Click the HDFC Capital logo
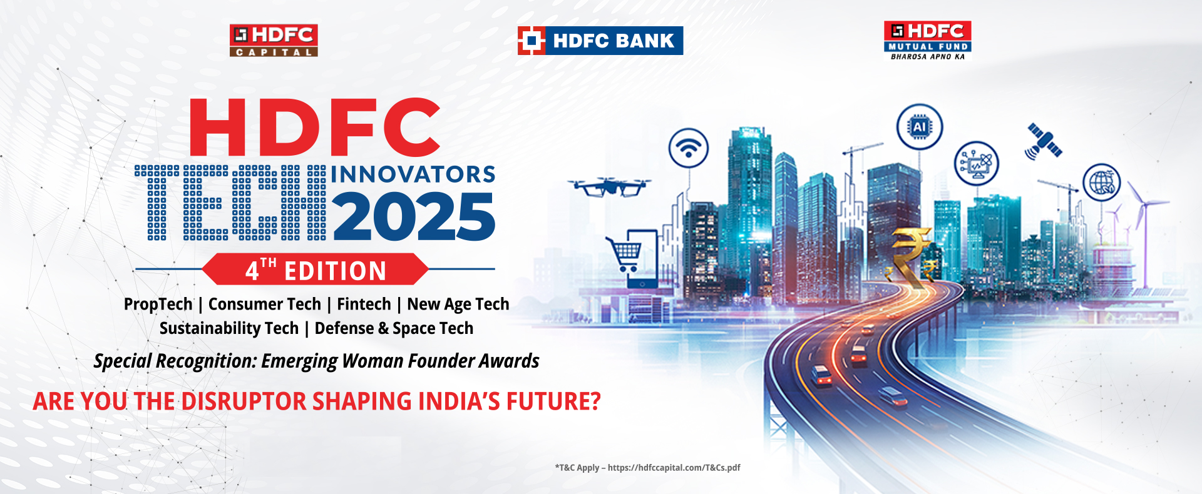coord(274,41)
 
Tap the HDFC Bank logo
coord(600,41)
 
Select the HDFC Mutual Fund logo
coord(927,41)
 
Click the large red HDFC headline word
coord(315,127)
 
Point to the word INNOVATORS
coord(413,174)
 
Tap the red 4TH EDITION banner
coord(316,270)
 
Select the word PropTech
coord(158,305)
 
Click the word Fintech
coord(364,304)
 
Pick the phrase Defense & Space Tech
coord(394,328)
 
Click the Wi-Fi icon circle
coord(689,148)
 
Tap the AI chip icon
coord(920,127)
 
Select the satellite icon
coord(1044,142)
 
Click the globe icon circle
coord(1102,182)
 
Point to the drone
coord(609,186)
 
